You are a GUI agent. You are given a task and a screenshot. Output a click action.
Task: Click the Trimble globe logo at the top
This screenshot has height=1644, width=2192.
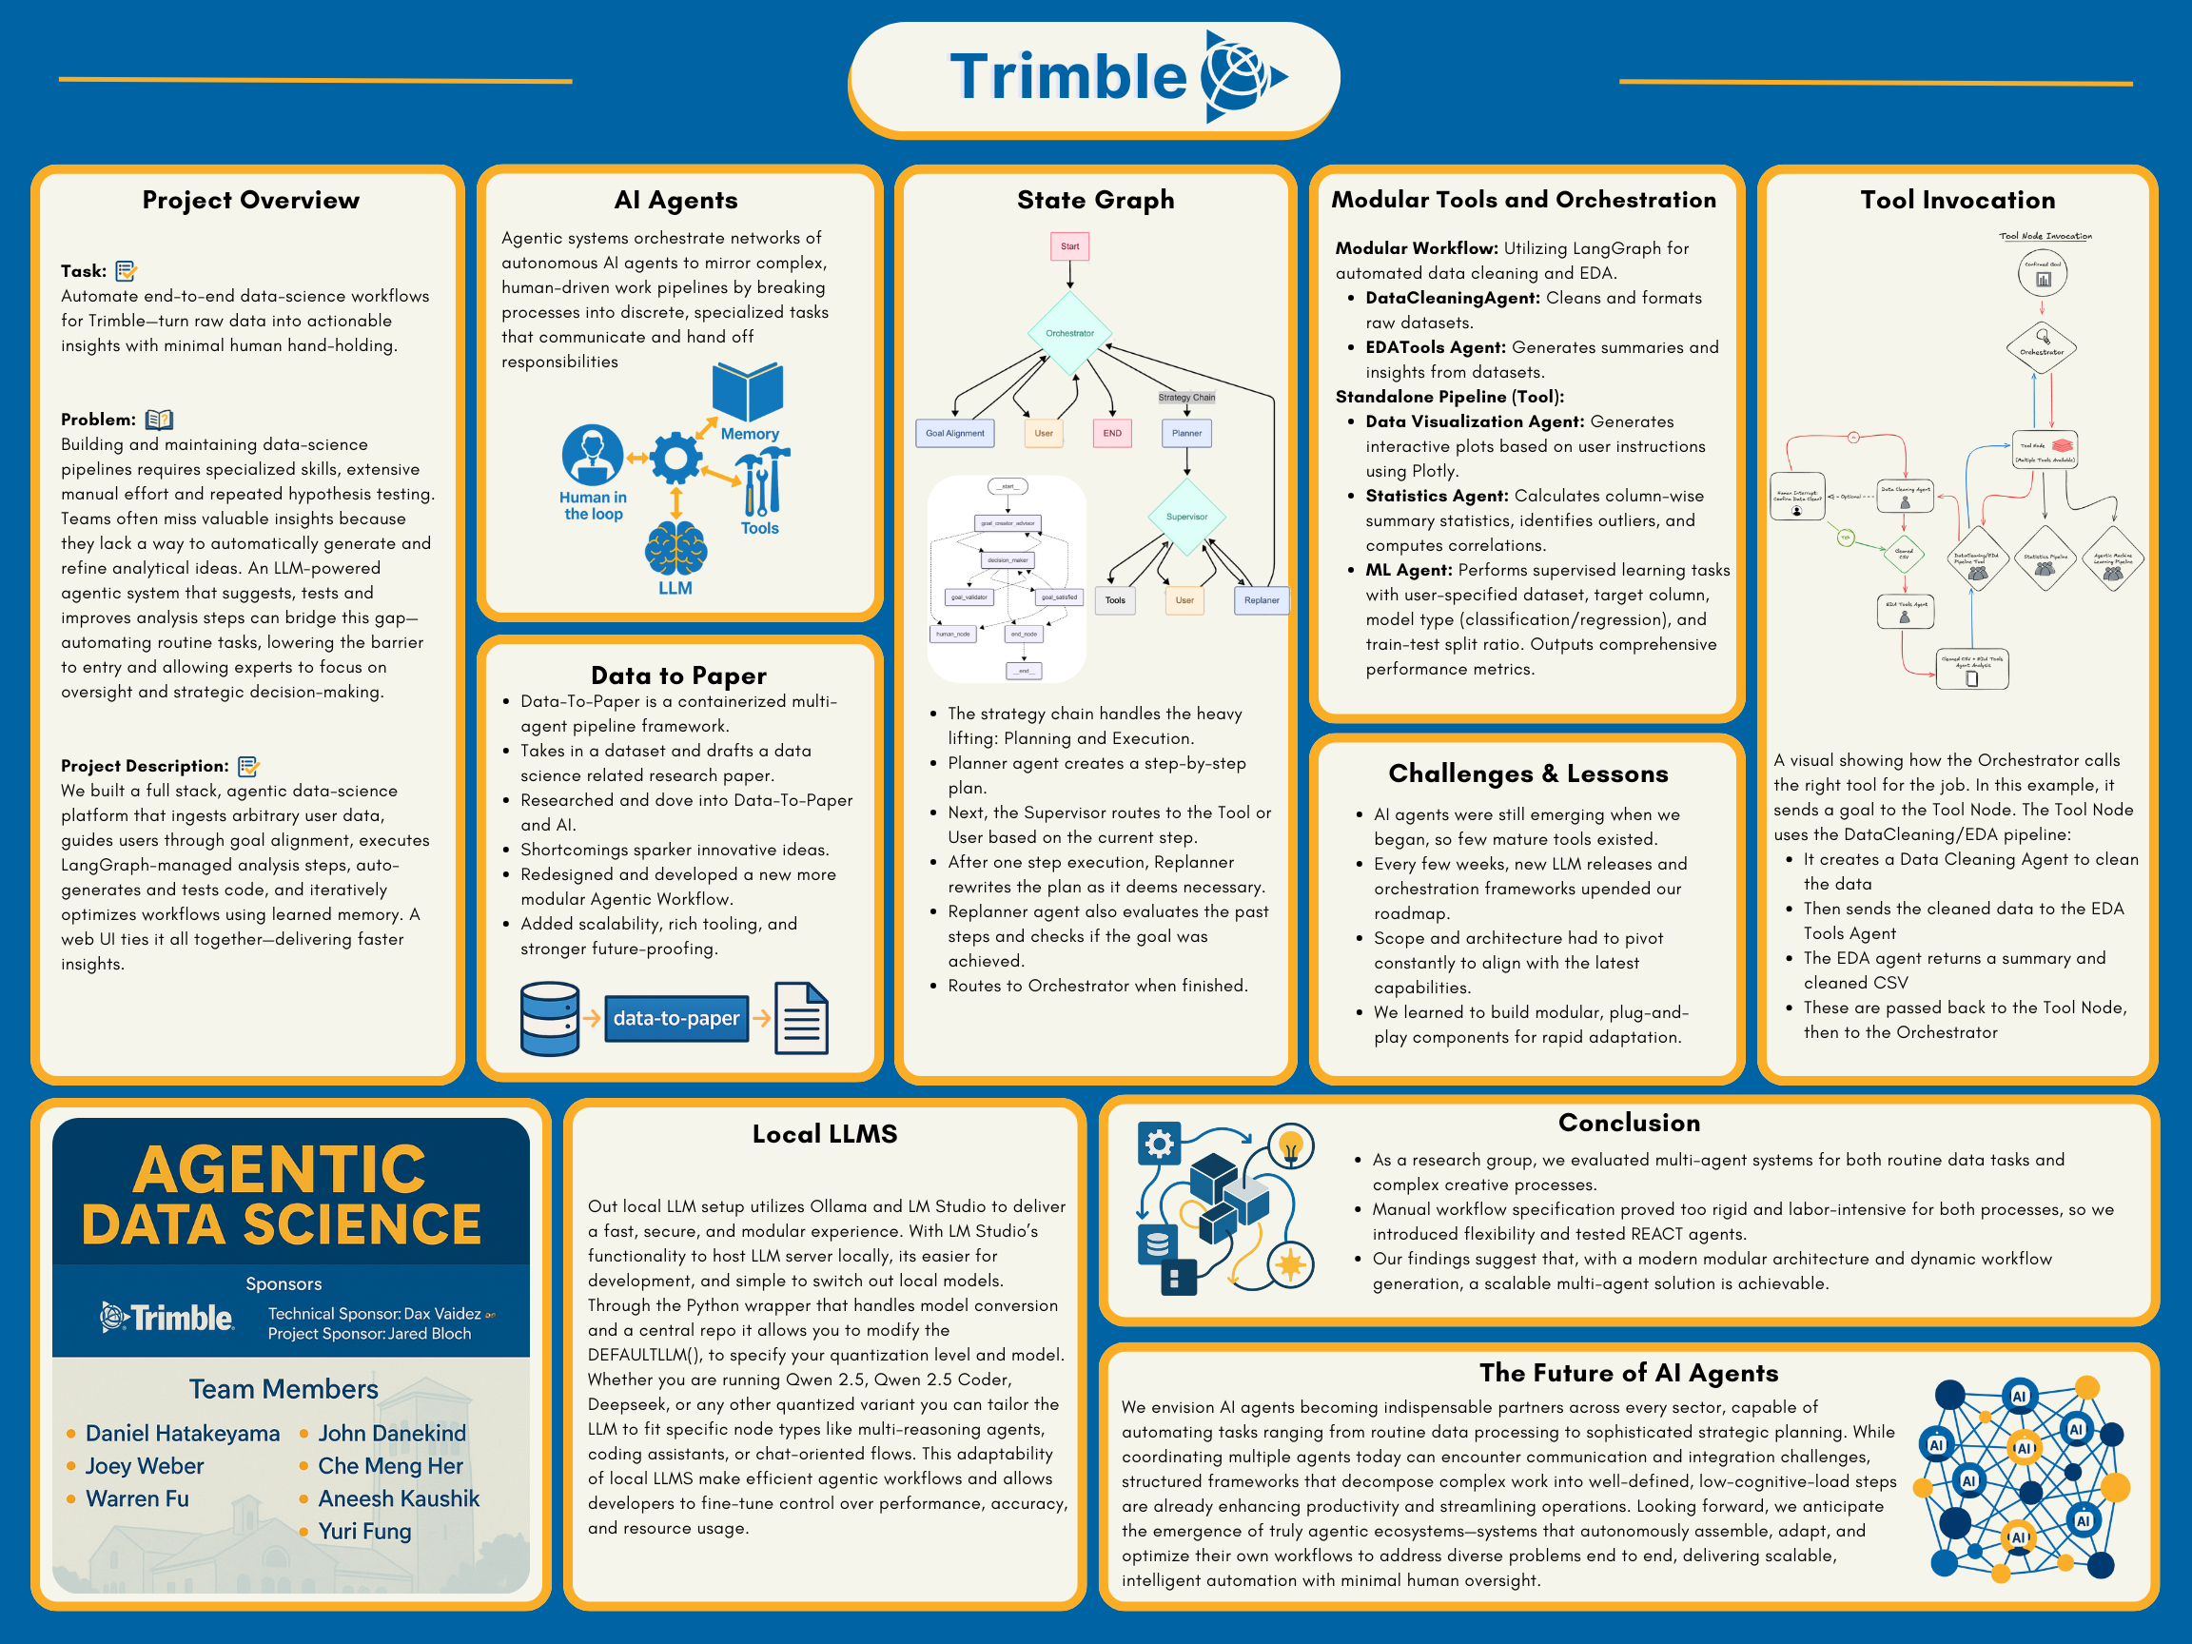(x=1241, y=76)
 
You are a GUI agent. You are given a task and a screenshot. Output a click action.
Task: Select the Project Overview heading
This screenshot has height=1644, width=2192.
(x=251, y=200)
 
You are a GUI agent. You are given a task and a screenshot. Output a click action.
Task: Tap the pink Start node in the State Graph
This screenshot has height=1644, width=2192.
(x=1069, y=246)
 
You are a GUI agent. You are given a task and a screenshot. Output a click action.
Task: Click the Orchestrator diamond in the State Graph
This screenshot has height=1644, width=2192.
(x=1069, y=333)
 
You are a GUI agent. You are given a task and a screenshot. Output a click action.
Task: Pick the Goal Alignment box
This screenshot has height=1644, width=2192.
(x=954, y=433)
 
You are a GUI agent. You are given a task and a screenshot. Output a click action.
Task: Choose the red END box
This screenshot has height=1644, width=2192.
(x=1112, y=433)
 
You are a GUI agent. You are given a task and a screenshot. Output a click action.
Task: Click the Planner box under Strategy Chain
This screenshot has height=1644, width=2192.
(x=1186, y=433)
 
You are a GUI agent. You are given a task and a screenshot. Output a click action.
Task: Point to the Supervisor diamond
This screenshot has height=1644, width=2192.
(x=1186, y=517)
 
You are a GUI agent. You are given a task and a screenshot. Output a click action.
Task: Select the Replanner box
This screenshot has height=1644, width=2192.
(x=1261, y=599)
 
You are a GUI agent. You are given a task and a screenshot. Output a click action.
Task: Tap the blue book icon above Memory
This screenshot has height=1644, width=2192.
(x=747, y=392)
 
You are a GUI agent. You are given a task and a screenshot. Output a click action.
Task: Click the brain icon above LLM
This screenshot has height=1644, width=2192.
(x=675, y=548)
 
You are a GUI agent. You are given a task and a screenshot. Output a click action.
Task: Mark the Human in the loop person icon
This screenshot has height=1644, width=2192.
(x=593, y=455)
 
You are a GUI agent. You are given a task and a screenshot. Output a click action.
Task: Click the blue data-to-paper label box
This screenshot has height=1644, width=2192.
(x=675, y=1018)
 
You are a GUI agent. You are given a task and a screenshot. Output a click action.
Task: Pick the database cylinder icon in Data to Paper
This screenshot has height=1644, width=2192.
(x=550, y=1018)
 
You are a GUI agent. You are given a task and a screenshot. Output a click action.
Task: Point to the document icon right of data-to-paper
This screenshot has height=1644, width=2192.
(x=801, y=1018)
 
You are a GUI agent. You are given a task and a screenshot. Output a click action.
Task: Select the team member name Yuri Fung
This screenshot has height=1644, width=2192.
(x=363, y=1531)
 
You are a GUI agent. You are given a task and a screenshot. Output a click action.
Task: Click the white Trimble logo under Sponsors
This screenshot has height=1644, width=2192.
(x=166, y=1318)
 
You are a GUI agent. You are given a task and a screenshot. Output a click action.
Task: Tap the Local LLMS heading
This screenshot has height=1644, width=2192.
(x=825, y=1134)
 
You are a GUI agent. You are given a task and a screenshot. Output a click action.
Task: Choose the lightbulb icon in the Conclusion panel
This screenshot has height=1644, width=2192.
(x=1289, y=1147)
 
